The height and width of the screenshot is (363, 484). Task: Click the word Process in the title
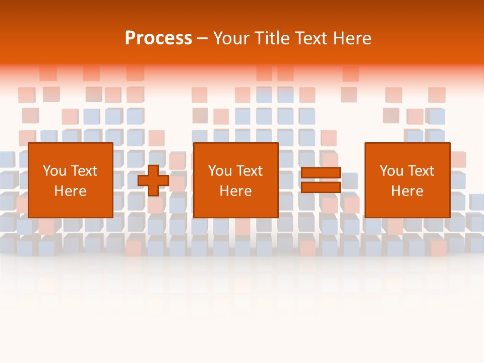click(x=158, y=38)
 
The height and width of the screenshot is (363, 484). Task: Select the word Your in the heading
click(x=231, y=38)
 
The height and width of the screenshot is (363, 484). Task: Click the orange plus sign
click(x=153, y=180)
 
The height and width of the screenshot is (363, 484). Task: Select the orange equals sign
click(x=321, y=180)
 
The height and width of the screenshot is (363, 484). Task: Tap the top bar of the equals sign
click(x=321, y=173)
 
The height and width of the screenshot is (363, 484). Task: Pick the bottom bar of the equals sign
click(x=321, y=187)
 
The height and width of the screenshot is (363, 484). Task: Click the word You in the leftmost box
click(x=54, y=171)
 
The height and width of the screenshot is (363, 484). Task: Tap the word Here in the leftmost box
click(x=70, y=191)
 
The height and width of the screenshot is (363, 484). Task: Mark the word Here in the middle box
click(x=235, y=191)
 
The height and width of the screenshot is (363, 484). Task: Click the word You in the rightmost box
click(x=391, y=171)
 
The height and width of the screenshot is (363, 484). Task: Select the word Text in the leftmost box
click(x=84, y=171)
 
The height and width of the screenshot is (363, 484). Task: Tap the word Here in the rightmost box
click(x=407, y=191)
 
